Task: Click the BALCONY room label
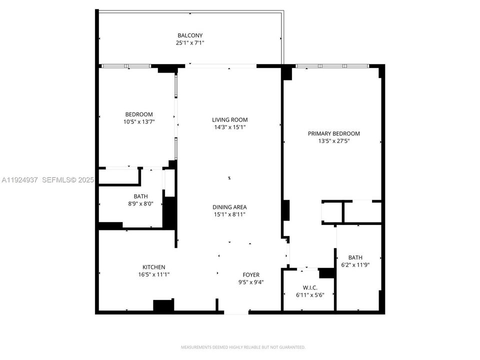point(190,35)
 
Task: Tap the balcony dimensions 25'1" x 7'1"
point(190,43)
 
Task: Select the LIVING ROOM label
point(230,119)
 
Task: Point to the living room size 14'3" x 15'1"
point(230,127)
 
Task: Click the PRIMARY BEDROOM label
point(334,133)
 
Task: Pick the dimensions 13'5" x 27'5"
point(334,141)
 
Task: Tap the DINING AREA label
point(230,207)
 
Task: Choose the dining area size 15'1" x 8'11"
point(230,214)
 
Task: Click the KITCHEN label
point(153,267)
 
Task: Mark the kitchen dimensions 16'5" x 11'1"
point(153,274)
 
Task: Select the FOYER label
point(251,274)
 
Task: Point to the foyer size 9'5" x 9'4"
point(251,282)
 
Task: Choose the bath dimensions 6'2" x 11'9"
point(355,265)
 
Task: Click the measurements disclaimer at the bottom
point(243,347)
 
